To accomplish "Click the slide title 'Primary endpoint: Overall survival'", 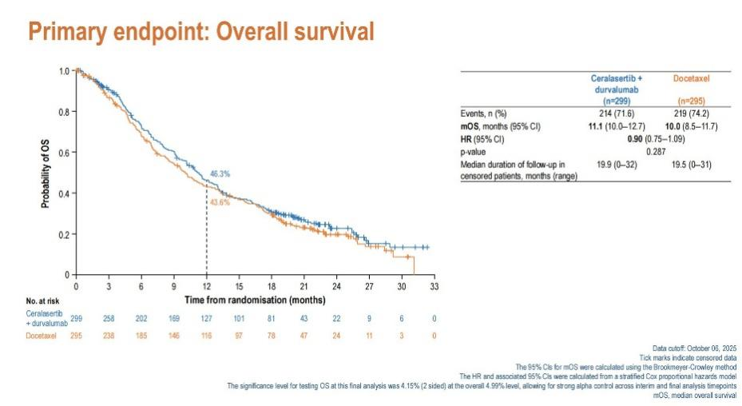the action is (201, 31).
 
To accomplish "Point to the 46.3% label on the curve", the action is (220, 174).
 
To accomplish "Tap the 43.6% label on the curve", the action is (220, 202).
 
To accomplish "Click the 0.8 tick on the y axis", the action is (64, 112).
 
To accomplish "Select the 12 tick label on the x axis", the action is (206, 286).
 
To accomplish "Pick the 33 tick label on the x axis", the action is (434, 286).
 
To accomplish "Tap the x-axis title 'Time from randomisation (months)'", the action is (255, 300).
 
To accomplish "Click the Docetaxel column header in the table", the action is (692, 78).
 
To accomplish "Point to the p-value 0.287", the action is (656, 152).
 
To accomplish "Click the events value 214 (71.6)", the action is (617, 113).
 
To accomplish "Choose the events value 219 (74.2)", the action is (692, 113).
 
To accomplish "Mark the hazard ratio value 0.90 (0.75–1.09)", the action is (656, 139).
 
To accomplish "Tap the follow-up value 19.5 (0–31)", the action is (692, 165).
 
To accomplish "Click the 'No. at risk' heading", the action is (42, 301).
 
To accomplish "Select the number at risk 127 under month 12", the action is (206, 318).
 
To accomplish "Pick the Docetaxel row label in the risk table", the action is (42, 336).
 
